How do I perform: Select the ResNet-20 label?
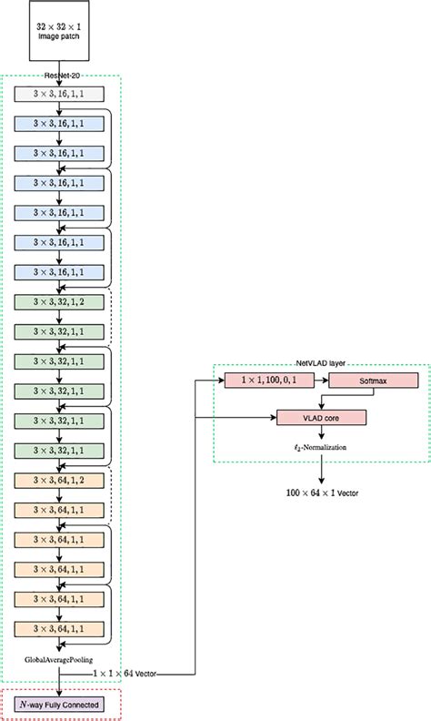point(59,76)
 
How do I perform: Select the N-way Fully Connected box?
point(59,704)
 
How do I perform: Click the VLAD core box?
point(321,417)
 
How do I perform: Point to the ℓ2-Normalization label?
point(321,448)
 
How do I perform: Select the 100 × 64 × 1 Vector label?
point(321,493)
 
